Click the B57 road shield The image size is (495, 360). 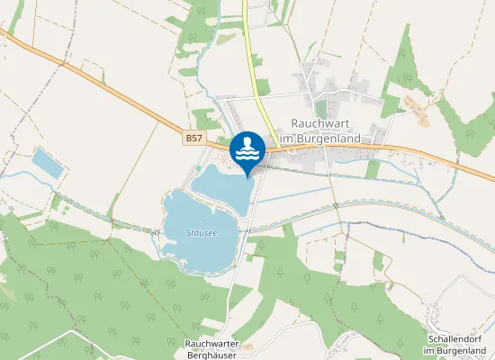coord(194,139)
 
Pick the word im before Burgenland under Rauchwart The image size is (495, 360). coord(288,139)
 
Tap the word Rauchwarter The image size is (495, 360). coord(212,344)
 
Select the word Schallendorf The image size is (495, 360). coord(457,338)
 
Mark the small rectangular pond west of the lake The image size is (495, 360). coord(47,161)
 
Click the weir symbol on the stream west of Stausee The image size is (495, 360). coord(158,231)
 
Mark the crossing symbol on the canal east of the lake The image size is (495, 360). coord(335,206)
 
